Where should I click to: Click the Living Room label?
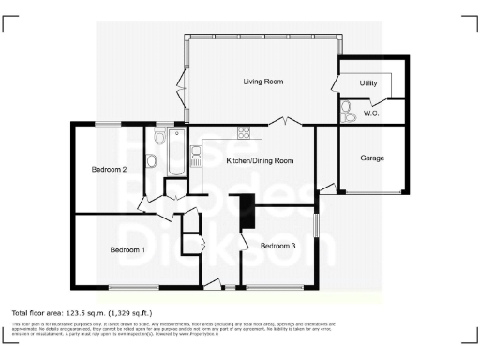pyautogui.click(x=263, y=82)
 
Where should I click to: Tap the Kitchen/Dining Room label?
pyautogui.click(x=261, y=161)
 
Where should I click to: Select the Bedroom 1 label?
pyautogui.click(x=127, y=250)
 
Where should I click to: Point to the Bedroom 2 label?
pyautogui.click(x=109, y=170)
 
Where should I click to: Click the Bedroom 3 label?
pyautogui.click(x=278, y=246)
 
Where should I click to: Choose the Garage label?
pyautogui.click(x=372, y=158)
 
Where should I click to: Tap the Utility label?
pyautogui.click(x=368, y=83)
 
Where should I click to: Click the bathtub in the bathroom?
pyautogui.click(x=176, y=155)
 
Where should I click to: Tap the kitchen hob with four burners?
pyautogui.click(x=243, y=132)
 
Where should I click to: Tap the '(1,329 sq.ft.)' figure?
pyautogui.click(x=127, y=312)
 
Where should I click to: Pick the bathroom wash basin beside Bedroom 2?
pyautogui.click(x=151, y=159)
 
